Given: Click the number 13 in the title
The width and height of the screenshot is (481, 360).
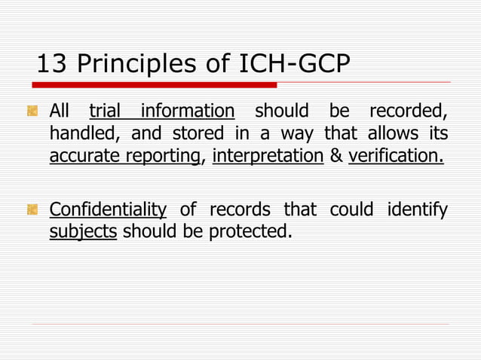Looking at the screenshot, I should [x=50, y=65].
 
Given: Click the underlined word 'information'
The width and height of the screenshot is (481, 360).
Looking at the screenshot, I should [x=188, y=111].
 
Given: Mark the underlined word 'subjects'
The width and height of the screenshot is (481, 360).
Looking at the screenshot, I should [x=83, y=231].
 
